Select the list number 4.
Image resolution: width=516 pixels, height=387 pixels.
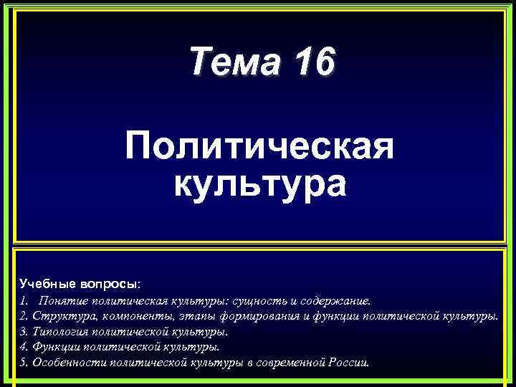pyautogui.click(x=24, y=347)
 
